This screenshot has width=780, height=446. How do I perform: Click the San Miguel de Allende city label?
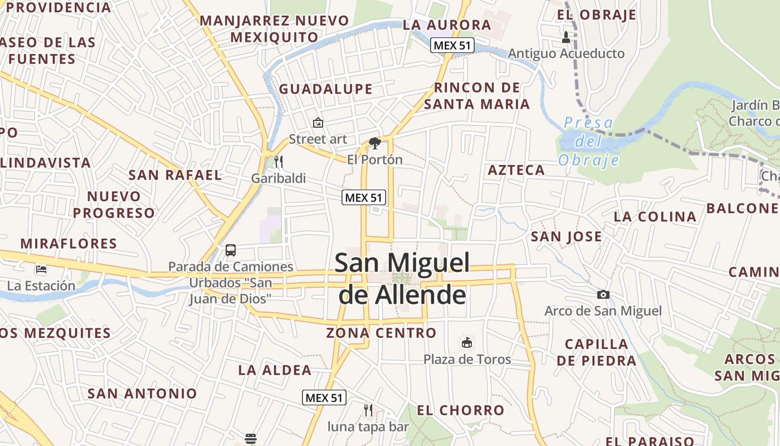tap(402, 279)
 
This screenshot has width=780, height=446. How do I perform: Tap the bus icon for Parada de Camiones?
tap(231, 250)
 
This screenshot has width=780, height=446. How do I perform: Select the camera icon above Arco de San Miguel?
tap(603, 294)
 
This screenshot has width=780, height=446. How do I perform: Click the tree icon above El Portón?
tap(375, 143)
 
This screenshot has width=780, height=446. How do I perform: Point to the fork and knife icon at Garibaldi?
tap(279, 162)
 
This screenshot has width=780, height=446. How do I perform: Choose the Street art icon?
tap(318, 123)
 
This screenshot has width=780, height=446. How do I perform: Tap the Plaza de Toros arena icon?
tap(467, 342)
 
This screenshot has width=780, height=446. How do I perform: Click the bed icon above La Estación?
tap(41, 269)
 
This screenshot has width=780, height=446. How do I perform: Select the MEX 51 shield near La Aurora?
tap(452, 46)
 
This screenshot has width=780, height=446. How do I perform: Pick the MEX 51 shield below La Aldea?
tap(324, 397)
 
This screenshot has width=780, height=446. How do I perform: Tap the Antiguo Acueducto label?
tap(566, 54)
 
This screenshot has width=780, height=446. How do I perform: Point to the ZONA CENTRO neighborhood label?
tap(381, 333)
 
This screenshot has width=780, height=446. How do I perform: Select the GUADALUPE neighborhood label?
tap(325, 89)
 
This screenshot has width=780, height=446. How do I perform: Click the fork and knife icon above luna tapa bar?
tap(368, 410)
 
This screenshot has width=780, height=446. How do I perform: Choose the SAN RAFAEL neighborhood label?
tap(175, 174)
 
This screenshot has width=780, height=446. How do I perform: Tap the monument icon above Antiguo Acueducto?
tap(566, 37)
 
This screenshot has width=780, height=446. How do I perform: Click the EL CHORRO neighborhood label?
tap(460, 410)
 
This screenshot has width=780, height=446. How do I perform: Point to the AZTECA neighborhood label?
tap(516, 170)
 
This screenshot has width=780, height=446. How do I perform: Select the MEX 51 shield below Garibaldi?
tap(364, 197)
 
